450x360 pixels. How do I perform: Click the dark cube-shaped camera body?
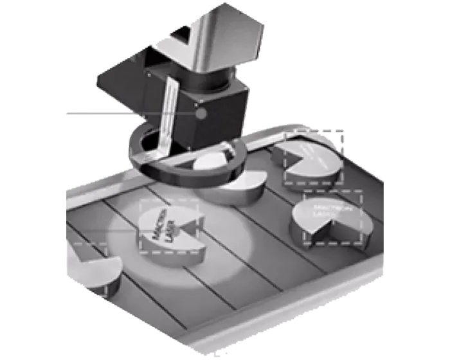(x=212, y=109)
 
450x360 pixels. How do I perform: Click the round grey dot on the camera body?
(x=201, y=114)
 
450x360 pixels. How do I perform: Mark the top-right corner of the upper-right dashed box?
(x=343, y=131)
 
